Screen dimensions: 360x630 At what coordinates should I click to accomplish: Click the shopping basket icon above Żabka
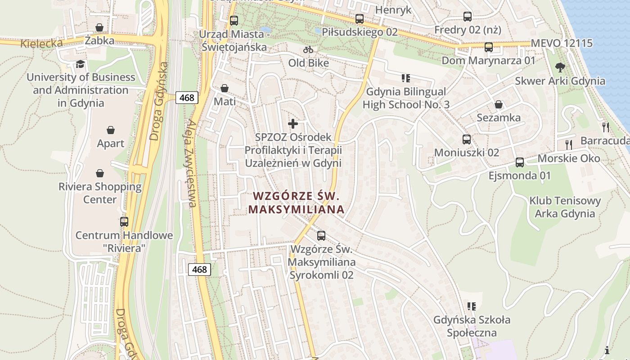[x=99, y=28]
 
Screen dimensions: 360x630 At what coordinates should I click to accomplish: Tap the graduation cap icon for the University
[x=80, y=64]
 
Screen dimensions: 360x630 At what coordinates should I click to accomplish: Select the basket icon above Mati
[x=224, y=88]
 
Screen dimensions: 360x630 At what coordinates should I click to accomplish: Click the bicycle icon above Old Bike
[x=308, y=49]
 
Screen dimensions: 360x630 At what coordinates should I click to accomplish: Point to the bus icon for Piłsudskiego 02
[x=359, y=19]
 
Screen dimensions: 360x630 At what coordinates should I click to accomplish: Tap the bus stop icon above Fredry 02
[x=468, y=17]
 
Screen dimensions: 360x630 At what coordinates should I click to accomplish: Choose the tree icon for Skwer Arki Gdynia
[x=560, y=67]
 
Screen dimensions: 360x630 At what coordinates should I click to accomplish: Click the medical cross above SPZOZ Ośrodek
[x=293, y=123]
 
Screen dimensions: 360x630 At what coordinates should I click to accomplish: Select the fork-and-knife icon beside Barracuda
[x=605, y=127]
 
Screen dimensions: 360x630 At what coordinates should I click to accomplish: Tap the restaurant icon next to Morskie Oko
[x=569, y=144]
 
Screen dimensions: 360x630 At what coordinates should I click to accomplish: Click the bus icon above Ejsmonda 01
[x=520, y=162]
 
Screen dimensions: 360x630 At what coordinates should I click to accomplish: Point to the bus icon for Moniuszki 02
[x=467, y=139]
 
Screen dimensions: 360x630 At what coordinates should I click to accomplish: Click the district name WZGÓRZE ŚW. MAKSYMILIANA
[x=296, y=203]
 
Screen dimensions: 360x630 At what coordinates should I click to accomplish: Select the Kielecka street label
[x=41, y=44]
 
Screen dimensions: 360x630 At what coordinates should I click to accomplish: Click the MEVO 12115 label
[x=562, y=44]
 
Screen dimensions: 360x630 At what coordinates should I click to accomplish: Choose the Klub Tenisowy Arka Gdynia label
[x=565, y=207]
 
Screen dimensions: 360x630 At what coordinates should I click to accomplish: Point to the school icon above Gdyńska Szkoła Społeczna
[x=471, y=306]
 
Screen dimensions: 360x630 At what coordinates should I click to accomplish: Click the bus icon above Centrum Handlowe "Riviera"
[x=124, y=221]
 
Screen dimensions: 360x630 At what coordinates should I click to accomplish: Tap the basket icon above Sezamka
[x=499, y=104]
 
